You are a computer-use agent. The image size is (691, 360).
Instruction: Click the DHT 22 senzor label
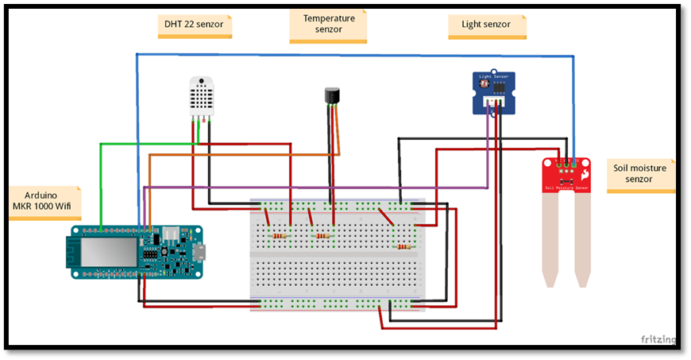[x=194, y=25]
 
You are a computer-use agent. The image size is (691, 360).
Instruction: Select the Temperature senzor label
[x=328, y=24]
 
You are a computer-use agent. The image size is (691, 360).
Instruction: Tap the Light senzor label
[x=487, y=25]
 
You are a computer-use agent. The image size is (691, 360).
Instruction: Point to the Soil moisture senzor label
[x=640, y=173]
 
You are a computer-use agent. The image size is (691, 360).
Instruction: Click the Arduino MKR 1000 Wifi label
[x=45, y=200]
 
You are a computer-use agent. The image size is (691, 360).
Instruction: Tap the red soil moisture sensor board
[x=566, y=175]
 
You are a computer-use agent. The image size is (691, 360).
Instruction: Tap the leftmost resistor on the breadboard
[x=279, y=236]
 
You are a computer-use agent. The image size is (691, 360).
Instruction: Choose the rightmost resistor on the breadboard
[x=404, y=246]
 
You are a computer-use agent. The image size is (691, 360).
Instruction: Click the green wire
[x=101, y=183]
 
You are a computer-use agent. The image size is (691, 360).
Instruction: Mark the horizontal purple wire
[x=318, y=188]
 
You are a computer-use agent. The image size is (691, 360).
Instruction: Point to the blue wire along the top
[x=357, y=55]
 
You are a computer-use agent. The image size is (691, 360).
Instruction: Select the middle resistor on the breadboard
[x=321, y=236]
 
